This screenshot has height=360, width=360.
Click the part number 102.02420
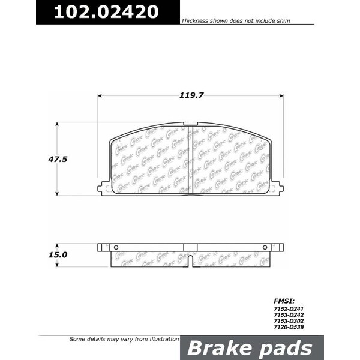(107, 11)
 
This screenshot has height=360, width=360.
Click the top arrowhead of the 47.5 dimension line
(58, 124)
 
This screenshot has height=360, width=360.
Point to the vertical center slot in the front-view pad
(190, 159)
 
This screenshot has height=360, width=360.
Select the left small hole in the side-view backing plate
(116, 247)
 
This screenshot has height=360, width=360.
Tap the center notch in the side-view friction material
(190, 262)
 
